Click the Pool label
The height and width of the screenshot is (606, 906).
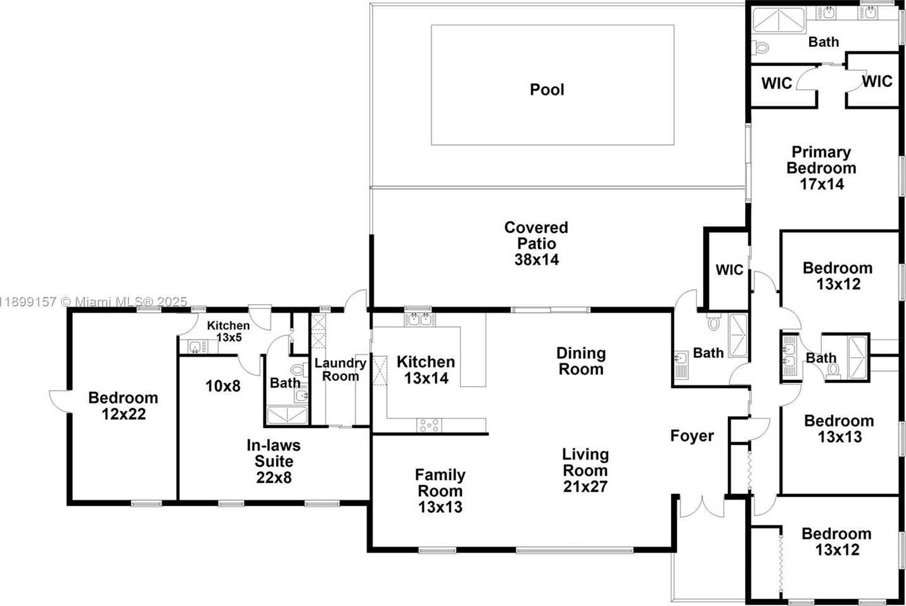click(547, 89)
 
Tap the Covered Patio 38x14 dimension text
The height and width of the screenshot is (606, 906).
click(537, 260)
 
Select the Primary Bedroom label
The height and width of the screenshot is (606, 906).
click(821, 160)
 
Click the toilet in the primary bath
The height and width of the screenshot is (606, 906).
click(760, 47)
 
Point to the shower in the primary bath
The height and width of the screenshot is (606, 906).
click(779, 20)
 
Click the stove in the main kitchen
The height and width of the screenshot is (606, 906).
click(429, 426)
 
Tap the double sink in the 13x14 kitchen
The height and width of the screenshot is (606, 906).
click(420, 319)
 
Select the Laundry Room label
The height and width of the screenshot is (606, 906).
click(341, 370)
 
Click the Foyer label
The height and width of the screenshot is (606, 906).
click(692, 436)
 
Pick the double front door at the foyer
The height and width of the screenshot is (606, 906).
click(702, 507)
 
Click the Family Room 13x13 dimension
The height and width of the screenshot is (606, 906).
click(440, 507)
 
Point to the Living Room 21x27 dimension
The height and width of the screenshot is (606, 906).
click(585, 486)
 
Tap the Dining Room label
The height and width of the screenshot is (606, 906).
click(581, 361)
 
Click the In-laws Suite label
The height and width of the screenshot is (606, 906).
click(274, 453)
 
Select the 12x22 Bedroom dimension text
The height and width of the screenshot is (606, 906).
click(124, 414)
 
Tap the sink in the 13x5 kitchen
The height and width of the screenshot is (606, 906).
click(195, 347)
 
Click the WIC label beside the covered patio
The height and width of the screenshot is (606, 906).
click(729, 270)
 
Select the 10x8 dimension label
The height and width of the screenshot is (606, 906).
click(223, 386)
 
